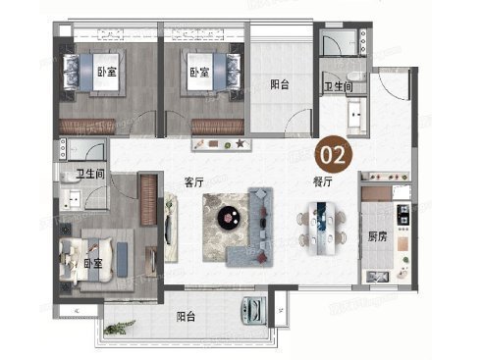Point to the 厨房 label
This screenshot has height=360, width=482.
377,234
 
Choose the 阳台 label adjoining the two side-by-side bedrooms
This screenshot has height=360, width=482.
281,84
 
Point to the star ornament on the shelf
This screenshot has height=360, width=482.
240,144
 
